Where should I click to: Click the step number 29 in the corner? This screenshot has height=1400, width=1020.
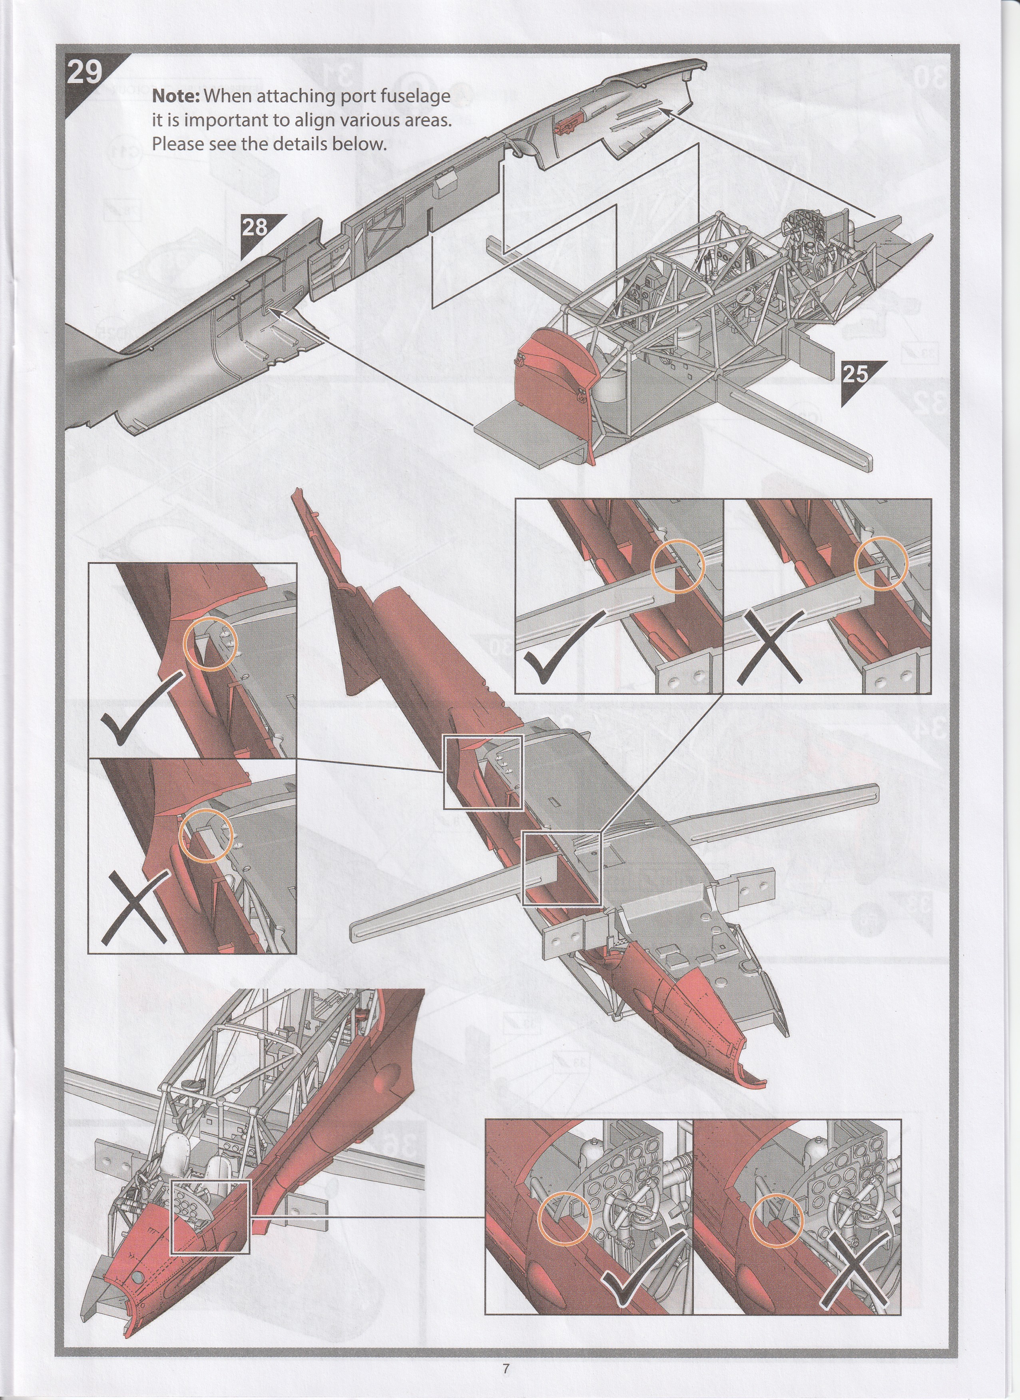pyautogui.click(x=84, y=72)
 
